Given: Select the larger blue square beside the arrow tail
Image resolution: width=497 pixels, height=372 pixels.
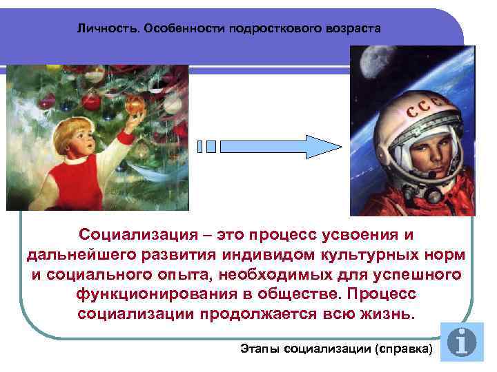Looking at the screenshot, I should [x=211, y=146].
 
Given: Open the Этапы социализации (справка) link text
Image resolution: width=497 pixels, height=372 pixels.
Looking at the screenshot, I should [x=335, y=350].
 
